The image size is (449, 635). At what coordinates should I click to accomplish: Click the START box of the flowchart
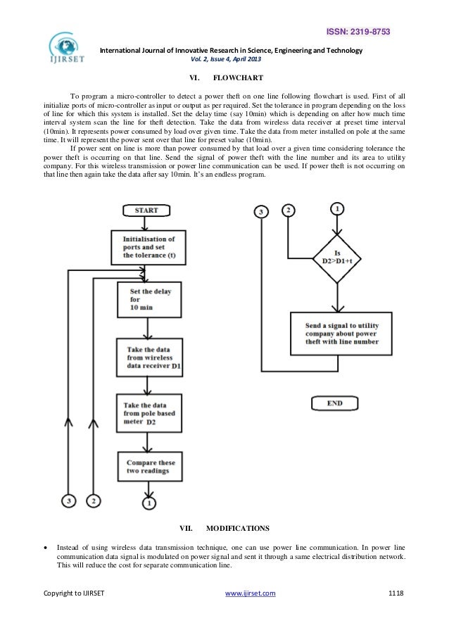click(147, 210)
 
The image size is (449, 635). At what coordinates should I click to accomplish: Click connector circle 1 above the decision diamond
click(339, 209)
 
